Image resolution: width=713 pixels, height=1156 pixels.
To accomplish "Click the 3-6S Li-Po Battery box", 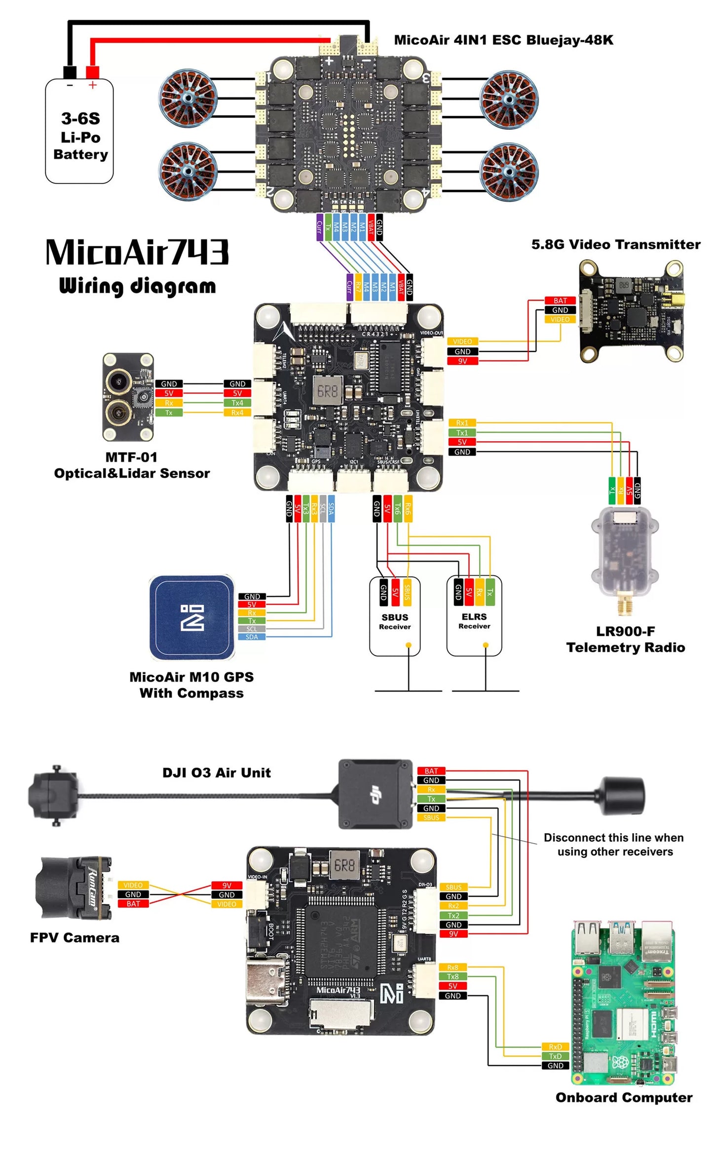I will coord(79,131).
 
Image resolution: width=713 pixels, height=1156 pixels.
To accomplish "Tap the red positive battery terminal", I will coord(92,73).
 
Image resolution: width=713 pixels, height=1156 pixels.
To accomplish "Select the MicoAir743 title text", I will coord(137,252).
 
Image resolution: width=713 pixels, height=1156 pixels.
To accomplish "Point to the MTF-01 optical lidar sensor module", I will coord(128,397).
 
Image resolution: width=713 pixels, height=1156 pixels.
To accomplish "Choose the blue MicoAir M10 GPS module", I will coord(191,617).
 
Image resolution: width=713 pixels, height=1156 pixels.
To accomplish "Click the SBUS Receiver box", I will coord(395,617).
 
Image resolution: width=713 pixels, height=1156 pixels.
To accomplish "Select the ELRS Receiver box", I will coord(474,617).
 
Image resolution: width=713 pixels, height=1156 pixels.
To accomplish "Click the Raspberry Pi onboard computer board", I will coord(623,1002).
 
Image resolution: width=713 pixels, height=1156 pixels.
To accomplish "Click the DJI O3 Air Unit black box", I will coord(375,794).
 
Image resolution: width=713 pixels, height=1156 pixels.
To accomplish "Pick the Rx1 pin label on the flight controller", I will coord(462,423).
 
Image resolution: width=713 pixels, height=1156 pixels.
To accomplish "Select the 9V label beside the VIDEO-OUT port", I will coord(462,361).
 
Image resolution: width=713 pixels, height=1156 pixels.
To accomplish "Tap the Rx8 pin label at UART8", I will coord(452,967).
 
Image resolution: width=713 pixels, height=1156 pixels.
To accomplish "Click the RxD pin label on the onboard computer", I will coord(555,1047).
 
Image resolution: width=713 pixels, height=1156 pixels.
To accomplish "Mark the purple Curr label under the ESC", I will coord(320,227).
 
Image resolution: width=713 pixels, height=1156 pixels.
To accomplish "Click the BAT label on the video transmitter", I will coord(560,301).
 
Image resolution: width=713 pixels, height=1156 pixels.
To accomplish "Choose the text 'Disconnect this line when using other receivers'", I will coord(614,845).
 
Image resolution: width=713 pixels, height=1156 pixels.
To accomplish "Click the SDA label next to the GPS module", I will coord(252,637).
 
